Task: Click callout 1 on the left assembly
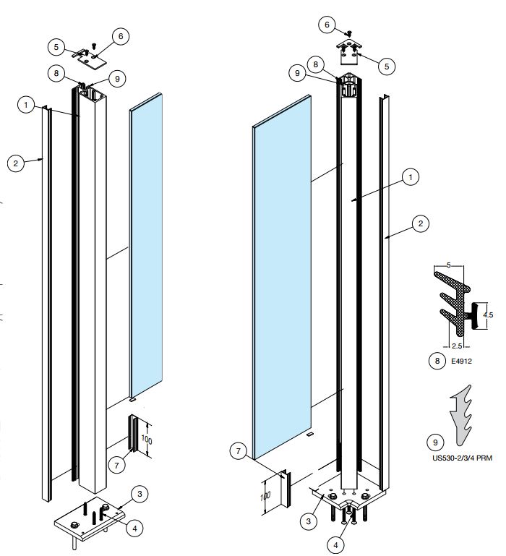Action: [x=27, y=106]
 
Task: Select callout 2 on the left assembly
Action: [x=16, y=163]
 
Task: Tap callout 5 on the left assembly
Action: [x=57, y=47]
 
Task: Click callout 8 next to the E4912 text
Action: [x=435, y=359]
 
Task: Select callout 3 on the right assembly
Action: [x=309, y=520]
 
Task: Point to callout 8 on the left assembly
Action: [x=55, y=72]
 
